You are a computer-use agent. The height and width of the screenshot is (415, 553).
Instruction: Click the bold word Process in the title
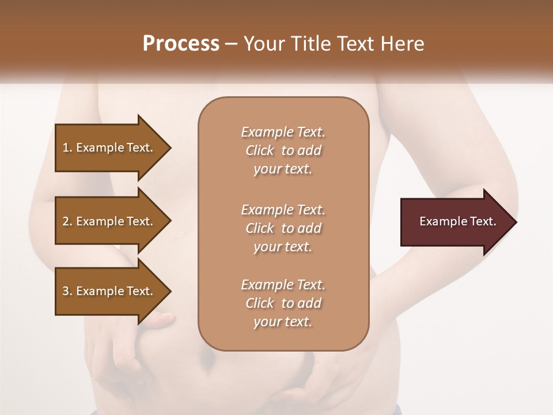(x=181, y=44)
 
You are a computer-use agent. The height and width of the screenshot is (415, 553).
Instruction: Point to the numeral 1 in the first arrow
(x=66, y=148)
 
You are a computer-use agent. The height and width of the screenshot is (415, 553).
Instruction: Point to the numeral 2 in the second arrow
(x=66, y=221)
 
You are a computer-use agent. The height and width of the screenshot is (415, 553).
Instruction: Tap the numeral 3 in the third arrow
(x=66, y=291)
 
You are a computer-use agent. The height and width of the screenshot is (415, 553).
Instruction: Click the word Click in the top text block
(x=260, y=150)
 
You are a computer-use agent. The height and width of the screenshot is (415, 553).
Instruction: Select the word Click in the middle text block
(x=260, y=228)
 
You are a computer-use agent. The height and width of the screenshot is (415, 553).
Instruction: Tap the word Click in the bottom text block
(x=260, y=303)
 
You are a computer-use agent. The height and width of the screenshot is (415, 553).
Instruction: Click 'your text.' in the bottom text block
(x=283, y=322)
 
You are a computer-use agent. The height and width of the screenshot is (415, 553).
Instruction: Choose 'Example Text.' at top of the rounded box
(x=283, y=132)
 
